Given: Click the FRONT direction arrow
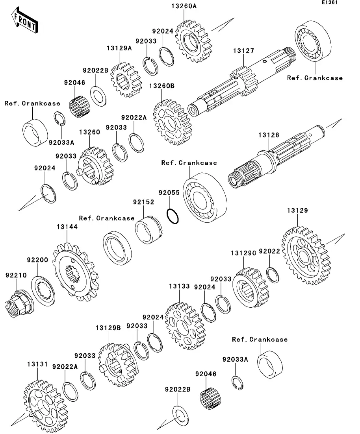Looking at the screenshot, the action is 24,20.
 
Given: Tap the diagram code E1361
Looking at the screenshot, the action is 330,2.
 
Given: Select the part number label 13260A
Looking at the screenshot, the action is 184,6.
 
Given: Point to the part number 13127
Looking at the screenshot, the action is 243,51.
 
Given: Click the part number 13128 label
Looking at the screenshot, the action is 269,135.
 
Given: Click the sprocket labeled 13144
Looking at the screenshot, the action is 75,272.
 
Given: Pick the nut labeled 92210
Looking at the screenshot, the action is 19,303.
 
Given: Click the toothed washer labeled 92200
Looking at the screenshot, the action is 43,291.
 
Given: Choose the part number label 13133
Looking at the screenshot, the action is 180,286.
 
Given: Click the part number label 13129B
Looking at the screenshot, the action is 108,328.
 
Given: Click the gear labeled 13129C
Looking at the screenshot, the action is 251,288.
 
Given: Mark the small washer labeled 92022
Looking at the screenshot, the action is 273,275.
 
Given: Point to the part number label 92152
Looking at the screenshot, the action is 143,202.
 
